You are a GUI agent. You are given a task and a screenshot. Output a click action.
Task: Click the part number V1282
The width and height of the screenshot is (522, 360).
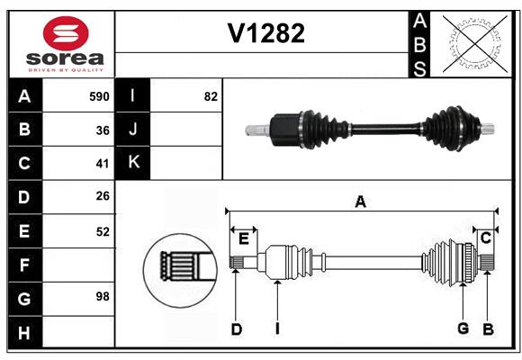coord(265,34)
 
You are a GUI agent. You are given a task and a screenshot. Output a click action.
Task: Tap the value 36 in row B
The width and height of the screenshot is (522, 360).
coord(103,130)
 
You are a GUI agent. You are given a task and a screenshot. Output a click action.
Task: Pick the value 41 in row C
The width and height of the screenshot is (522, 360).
coord(103,164)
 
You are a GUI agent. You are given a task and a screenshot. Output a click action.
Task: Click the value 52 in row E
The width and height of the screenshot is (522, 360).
coord(103,231)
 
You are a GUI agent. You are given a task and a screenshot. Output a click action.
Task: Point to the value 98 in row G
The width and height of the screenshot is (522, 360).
coord(103,296)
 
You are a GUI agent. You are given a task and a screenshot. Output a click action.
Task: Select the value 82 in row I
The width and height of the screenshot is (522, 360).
coord(211,96)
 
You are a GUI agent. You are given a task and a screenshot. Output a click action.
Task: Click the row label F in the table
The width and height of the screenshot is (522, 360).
coord(24,265)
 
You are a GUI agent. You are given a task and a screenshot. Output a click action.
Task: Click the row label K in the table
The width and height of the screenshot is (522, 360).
coord(133,163)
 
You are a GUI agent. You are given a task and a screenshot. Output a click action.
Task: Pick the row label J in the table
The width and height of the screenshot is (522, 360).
coord(133,130)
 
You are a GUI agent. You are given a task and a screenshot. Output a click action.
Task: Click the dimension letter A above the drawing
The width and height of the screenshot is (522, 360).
coord(360,202)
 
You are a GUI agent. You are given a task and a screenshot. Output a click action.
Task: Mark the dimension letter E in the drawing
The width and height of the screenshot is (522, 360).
coord(243,238)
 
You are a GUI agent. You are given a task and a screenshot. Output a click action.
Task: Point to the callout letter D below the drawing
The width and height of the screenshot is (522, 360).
coord(236,329)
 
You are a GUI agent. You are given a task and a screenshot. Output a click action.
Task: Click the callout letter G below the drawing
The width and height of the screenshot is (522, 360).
coord(463,328)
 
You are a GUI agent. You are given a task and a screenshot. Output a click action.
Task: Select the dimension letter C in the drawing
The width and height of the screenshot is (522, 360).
coord(485,238)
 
